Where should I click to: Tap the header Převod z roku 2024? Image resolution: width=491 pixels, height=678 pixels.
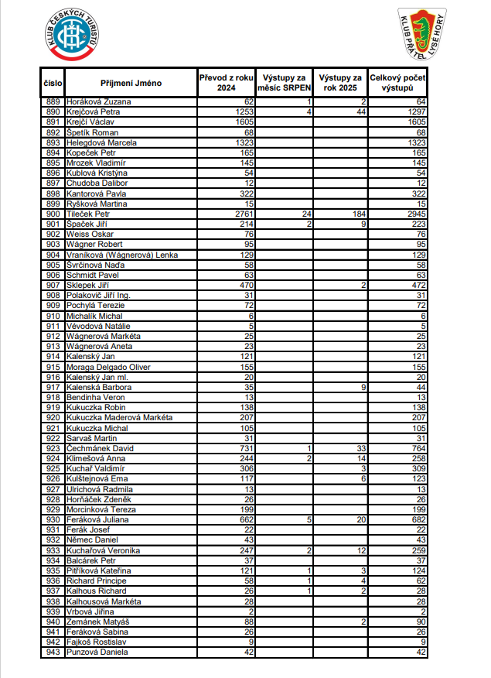tap(226, 83)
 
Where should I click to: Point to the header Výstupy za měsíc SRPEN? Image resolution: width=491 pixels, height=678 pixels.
tap(285, 83)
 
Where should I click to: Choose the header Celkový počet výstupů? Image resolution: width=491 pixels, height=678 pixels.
tap(398, 83)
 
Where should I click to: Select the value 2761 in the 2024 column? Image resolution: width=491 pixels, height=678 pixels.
tap(243, 214)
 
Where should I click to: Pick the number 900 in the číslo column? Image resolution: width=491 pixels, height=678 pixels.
tap(53, 214)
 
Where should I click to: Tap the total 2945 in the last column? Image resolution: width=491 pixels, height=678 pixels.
tap(416, 214)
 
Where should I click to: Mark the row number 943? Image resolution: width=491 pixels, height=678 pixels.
tap(53, 652)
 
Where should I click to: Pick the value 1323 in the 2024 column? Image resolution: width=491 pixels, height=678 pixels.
tap(243, 142)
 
